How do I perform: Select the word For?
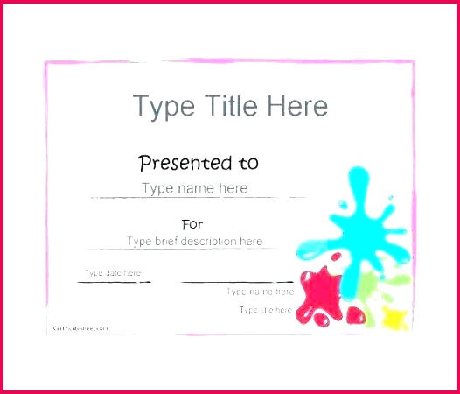point(192,224)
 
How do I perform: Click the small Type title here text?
point(267,310)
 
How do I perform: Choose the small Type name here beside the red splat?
point(261,292)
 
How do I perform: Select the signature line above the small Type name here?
point(236,282)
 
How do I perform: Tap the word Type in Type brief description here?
point(140,242)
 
